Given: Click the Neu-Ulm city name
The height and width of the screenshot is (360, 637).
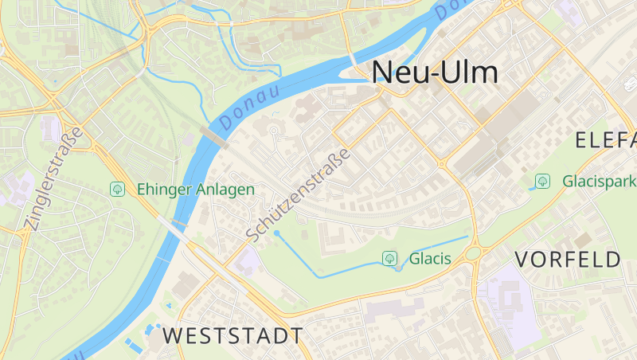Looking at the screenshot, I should click(x=436, y=72).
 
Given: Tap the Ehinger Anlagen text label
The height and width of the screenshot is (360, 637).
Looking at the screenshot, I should click(x=195, y=190).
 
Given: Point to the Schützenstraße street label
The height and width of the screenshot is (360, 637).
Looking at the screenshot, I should click(x=298, y=194).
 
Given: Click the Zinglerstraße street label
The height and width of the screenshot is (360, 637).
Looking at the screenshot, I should click(x=53, y=179).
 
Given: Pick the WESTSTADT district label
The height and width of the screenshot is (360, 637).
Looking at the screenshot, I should click(x=233, y=335).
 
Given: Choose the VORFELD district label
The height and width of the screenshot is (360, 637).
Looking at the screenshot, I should click(x=568, y=259).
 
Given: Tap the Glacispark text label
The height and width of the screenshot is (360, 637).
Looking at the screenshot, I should click(x=599, y=181).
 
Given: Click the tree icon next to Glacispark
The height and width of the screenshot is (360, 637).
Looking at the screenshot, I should click(x=542, y=181).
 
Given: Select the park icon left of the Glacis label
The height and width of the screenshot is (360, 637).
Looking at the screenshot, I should click(x=390, y=258).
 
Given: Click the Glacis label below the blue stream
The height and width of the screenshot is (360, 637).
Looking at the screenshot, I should click(x=430, y=259).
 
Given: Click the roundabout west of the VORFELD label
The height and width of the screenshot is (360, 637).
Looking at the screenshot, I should click(x=475, y=253).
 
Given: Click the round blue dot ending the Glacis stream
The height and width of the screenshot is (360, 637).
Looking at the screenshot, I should click(x=276, y=233).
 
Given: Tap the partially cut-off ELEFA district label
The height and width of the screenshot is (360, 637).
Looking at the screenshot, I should click(x=605, y=141).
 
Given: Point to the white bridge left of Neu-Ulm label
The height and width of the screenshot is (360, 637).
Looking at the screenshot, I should click(x=353, y=61).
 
